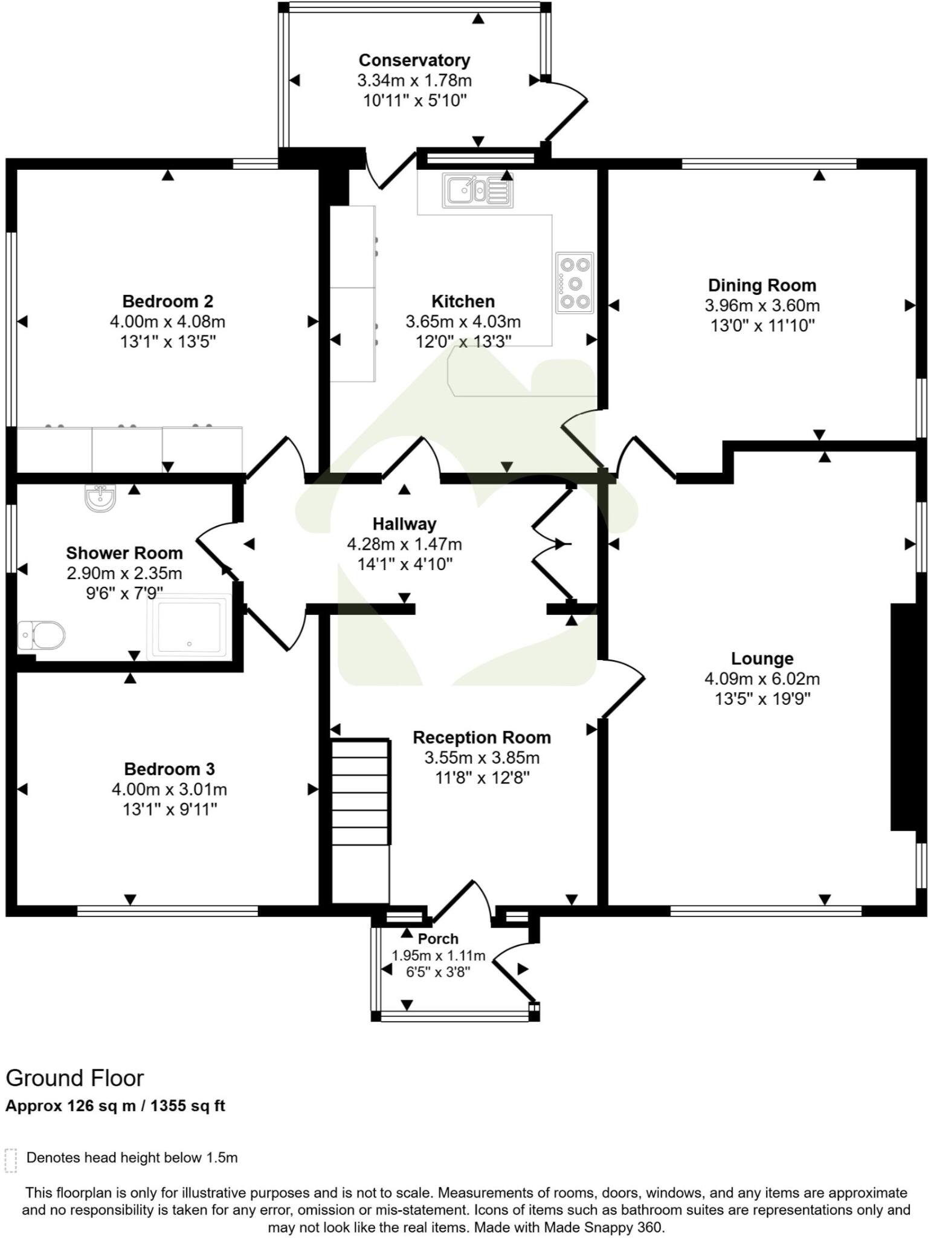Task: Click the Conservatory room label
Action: pyautogui.click(x=414, y=60)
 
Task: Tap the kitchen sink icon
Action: pyautogui.click(x=477, y=191)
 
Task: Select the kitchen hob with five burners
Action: pyautogui.click(x=575, y=282)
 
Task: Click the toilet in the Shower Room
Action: pyautogui.click(x=42, y=635)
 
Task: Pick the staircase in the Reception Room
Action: pyautogui.click(x=361, y=792)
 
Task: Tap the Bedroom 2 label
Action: pyautogui.click(x=167, y=301)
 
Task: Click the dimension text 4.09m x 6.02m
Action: pyautogui.click(x=762, y=679)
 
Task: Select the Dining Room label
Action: pyautogui.click(x=762, y=285)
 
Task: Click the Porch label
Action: pyautogui.click(x=438, y=939)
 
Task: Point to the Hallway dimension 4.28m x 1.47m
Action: pyautogui.click(x=404, y=544)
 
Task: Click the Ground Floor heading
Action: pyautogui.click(x=75, y=1078)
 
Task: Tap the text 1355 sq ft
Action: pyautogui.click(x=187, y=1106)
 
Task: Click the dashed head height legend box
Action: pyautogui.click(x=10, y=1161)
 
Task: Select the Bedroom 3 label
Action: pyautogui.click(x=169, y=769)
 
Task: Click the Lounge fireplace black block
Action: pyautogui.click(x=903, y=717)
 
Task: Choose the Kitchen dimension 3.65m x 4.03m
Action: pyautogui.click(x=463, y=322)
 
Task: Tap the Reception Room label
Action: pyautogui.click(x=482, y=737)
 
